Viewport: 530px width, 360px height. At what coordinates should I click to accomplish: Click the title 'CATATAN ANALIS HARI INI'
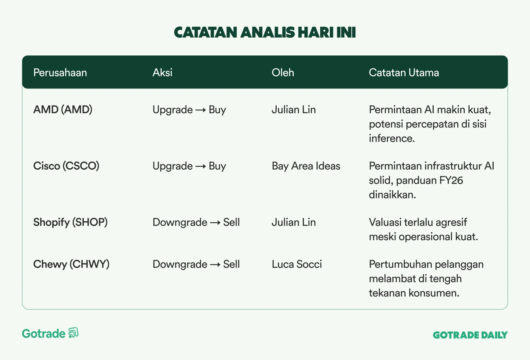tap(265, 32)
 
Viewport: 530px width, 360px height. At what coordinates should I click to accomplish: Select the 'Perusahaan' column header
tap(60, 73)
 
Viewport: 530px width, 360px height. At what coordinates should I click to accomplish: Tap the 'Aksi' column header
tap(162, 73)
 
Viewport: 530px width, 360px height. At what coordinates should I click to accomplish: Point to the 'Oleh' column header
tap(283, 73)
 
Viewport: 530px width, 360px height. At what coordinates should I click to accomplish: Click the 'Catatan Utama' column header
tap(404, 73)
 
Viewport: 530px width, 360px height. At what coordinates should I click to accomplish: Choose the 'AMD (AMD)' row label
tap(63, 109)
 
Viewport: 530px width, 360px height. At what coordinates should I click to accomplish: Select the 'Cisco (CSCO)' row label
tap(66, 166)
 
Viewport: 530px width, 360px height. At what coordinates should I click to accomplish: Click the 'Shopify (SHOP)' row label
tap(70, 222)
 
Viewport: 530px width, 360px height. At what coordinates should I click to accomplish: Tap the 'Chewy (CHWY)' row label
tap(71, 264)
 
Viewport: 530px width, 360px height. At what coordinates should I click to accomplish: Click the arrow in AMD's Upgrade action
tap(201, 110)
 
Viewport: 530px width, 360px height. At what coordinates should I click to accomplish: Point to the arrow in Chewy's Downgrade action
tap(215, 265)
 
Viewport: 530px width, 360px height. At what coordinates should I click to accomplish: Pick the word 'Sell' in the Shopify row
tap(231, 222)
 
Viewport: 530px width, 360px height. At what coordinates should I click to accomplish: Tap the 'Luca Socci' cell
tap(297, 264)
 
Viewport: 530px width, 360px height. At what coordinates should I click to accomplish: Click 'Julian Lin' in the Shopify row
tap(294, 222)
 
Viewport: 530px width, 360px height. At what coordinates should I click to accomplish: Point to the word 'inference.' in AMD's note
tap(392, 138)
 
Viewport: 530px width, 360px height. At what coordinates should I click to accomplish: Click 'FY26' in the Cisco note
tap(451, 181)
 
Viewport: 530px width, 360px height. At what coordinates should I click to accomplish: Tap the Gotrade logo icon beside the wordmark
tap(73, 333)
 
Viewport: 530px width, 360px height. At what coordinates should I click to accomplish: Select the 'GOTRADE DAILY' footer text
tap(470, 335)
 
